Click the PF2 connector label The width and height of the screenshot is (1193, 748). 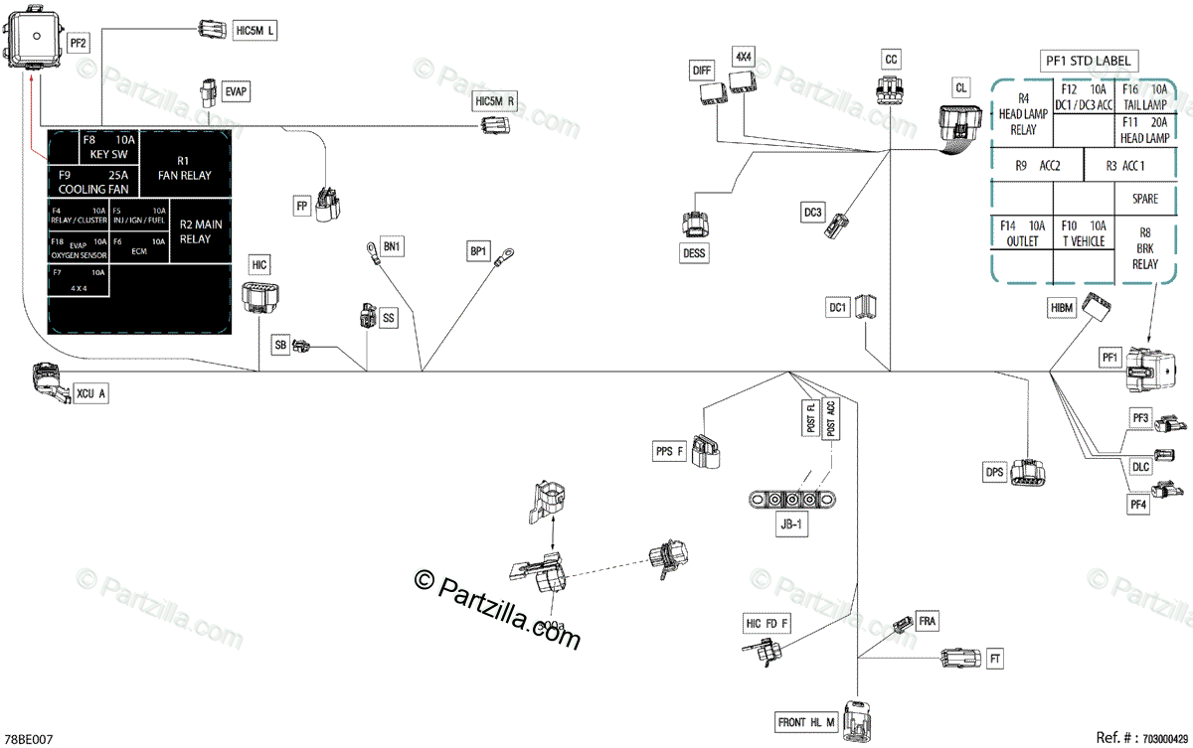pyautogui.click(x=79, y=43)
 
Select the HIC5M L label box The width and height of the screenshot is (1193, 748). pyautogui.click(x=255, y=31)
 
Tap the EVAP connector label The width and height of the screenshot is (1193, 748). pyautogui.click(x=236, y=91)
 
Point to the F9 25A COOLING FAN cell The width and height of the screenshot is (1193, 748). pyautogui.click(x=93, y=180)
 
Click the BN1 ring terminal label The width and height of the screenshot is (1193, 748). pyautogui.click(x=393, y=245)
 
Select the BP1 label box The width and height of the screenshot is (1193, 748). pyautogui.click(x=479, y=251)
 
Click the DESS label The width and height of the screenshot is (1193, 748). pyautogui.click(x=694, y=253)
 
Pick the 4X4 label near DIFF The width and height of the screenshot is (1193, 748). pyautogui.click(x=744, y=57)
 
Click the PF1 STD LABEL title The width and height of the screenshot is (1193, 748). pyautogui.click(x=1089, y=61)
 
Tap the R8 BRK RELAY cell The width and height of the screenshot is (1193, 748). pyautogui.click(x=1144, y=248)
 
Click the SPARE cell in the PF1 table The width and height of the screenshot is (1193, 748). pyautogui.click(x=1144, y=199)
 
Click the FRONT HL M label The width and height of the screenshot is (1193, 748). pyautogui.click(x=806, y=722)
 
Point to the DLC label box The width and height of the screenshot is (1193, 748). pyautogui.click(x=1141, y=465)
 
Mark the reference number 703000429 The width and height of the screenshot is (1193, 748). pyautogui.click(x=1165, y=739)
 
